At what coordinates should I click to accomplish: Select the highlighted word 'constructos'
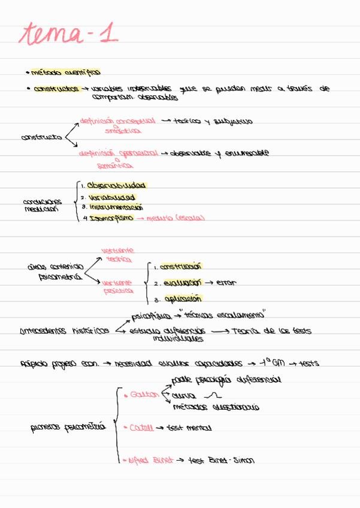click(56, 89)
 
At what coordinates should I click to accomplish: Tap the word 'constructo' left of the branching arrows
click(41, 137)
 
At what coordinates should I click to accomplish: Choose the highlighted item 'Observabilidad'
click(116, 186)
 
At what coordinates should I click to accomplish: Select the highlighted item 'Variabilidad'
click(111, 196)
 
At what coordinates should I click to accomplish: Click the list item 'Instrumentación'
click(116, 207)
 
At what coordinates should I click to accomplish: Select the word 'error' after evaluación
click(226, 282)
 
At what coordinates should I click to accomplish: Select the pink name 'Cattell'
click(141, 428)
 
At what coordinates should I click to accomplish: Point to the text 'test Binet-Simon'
click(221, 460)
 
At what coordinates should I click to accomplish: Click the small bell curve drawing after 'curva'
click(213, 395)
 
